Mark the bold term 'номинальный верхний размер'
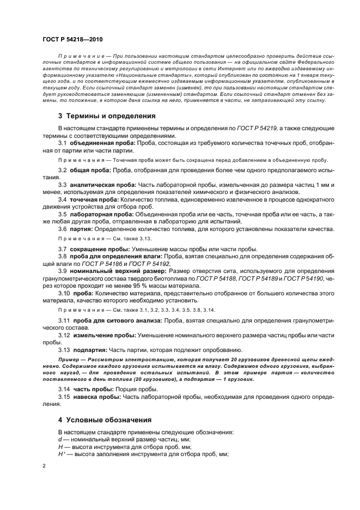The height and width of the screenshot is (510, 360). click(x=118, y=270)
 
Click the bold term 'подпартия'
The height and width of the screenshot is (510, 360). click(x=88, y=349)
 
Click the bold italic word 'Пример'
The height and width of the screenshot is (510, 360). click(x=69, y=361)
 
